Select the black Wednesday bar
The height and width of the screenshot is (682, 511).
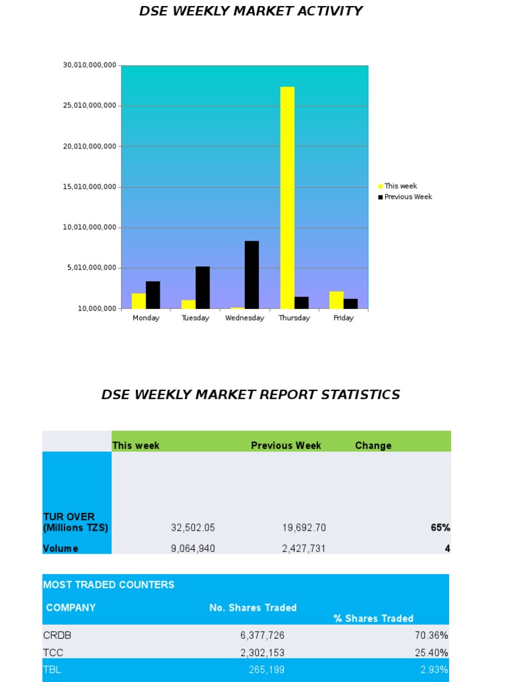tap(252, 274)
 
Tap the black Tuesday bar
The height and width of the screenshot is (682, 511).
tap(202, 287)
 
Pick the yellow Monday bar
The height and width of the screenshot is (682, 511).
tap(138, 301)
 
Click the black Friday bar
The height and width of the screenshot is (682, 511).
tap(351, 304)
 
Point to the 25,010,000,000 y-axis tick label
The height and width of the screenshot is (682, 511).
tap(90, 105)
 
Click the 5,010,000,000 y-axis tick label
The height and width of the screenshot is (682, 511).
tap(90, 268)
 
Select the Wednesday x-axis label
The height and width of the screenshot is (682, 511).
tap(245, 318)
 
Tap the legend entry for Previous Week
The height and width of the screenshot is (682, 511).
tap(408, 197)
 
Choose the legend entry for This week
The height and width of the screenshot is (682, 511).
tap(401, 186)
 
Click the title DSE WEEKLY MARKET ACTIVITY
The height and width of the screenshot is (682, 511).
tap(251, 11)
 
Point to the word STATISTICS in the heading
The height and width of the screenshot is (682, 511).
tap(360, 395)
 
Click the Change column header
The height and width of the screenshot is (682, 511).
tap(373, 446)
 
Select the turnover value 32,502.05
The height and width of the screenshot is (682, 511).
tap(193, 528)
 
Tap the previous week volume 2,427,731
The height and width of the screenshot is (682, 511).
tap(304, 549)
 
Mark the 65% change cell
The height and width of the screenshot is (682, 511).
tap(440, 528)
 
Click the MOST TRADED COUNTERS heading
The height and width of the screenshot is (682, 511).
tap(108, 585)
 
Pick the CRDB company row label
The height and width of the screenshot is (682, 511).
tap(57, 635)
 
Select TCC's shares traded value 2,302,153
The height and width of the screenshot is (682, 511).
tap(262, 653)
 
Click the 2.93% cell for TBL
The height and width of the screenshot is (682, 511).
tap(434, 670)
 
